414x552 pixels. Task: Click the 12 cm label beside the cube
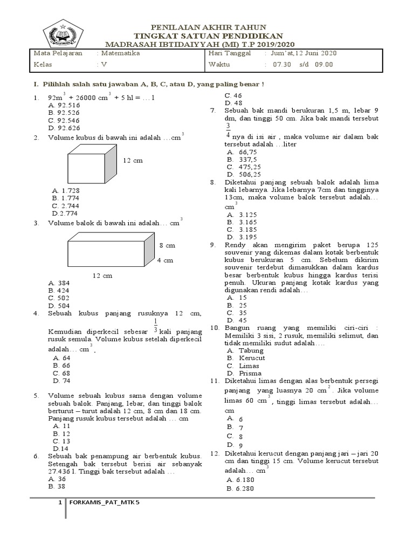click(133, 161)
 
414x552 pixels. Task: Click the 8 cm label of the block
click(167, 245)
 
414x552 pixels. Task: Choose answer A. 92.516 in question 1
click(64, 106)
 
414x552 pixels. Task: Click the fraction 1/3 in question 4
click(155, 326)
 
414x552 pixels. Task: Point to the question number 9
click(213, 244)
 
